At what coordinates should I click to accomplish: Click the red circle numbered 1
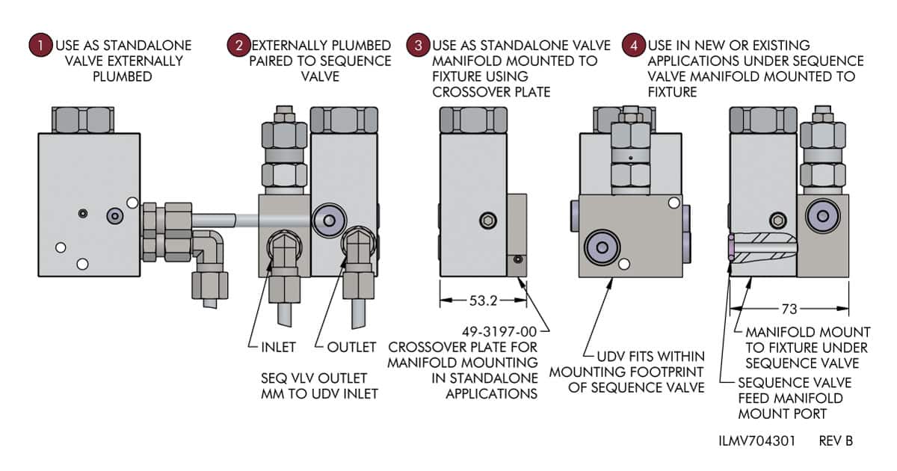point(41,46)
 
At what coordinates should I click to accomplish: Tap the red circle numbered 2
point(239,45)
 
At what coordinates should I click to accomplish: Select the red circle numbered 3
point(418,45)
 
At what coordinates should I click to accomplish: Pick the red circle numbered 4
point(634,45)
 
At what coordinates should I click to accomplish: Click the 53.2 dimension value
point(483,301)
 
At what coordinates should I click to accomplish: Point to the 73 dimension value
point(789,309)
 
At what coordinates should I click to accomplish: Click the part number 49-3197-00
point(499,332)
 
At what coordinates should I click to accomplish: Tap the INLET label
point(278,347)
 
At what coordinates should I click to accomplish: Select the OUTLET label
point(351,347)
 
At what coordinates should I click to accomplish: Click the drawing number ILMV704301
point(756,441)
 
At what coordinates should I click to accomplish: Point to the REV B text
point(836,441)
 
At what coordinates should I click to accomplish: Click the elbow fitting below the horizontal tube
point(209,250)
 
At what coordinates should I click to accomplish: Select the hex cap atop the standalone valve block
point(82,120)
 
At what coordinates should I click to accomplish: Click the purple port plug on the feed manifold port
point(731,247)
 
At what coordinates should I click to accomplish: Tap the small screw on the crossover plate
point(518,259)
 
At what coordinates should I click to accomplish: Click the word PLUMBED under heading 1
point(123,76)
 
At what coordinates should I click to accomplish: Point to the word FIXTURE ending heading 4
point(672,92)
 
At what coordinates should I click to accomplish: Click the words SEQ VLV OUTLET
point(314,378)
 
